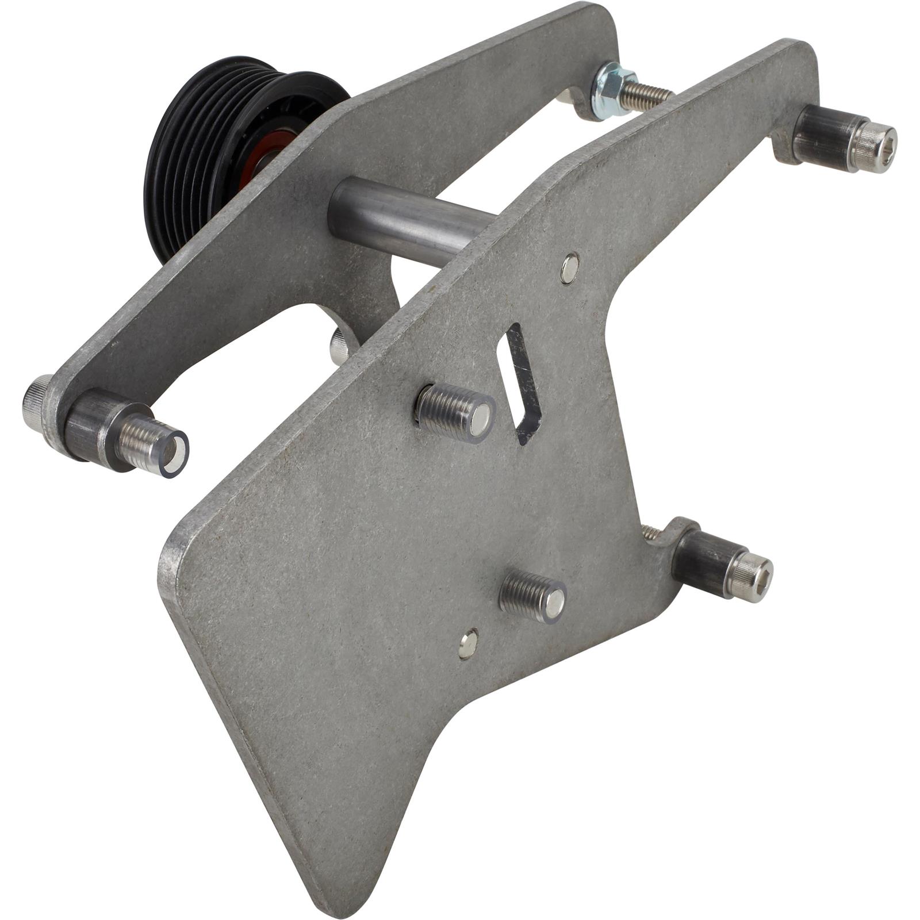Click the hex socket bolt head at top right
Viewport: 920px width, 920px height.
(875, 147)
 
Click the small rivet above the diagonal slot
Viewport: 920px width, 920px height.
(569, 269)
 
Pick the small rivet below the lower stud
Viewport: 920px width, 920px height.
(469, 644)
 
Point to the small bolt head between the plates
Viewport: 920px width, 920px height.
(339, 345)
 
